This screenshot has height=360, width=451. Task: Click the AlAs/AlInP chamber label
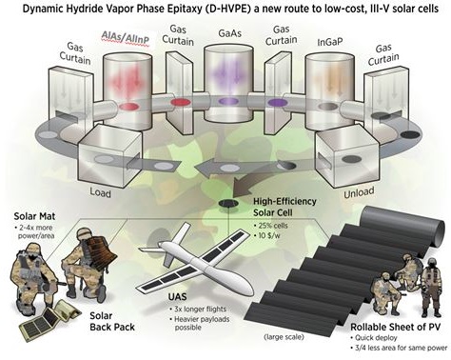126,37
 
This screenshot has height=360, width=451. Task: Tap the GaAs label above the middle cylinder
229,33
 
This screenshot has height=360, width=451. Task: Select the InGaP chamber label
330,42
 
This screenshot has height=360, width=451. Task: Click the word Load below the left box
101,192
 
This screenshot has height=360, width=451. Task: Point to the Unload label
359,192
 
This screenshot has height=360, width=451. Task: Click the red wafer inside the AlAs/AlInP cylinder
128,106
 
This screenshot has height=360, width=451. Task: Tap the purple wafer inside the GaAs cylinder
228,101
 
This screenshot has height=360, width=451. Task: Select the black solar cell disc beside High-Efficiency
228,203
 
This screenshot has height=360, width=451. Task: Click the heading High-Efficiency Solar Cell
284,207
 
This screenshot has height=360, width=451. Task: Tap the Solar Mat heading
34,216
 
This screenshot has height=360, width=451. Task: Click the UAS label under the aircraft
178,297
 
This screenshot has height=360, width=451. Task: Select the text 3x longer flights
198,309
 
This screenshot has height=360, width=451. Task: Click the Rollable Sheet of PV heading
396,327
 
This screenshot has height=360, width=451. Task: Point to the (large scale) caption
284,337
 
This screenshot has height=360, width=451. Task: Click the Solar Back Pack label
112,321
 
